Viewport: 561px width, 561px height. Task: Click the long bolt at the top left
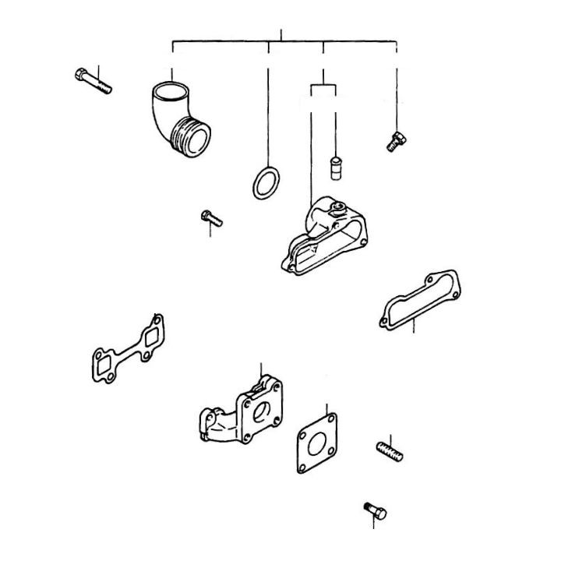click(93, 81)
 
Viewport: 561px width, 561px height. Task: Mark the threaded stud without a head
click(390, 451)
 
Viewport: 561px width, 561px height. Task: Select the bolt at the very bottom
click(375, 510)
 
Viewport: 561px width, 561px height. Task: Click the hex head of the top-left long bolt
click(81, 75)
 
